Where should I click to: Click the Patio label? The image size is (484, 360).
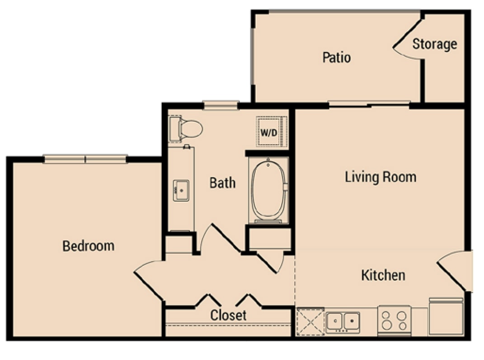[337, 57]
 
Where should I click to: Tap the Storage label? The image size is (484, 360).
[435, 44]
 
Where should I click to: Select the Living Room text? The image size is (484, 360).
[381, 177]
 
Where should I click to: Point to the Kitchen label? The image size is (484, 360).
[383, 275]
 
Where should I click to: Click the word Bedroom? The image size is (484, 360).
[88, 246]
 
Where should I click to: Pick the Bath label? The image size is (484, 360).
[222, 183]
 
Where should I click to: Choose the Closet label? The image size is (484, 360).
[228, 315]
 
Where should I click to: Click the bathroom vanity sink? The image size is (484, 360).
[181, 190]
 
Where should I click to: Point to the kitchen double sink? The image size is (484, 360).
[343, 322]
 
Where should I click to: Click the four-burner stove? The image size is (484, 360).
[394, 321]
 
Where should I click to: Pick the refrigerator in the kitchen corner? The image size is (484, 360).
[446, 317]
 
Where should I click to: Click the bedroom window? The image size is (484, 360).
[85, 159]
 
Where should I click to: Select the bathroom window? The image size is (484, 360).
[221, 105]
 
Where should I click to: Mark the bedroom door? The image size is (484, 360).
[149, 279]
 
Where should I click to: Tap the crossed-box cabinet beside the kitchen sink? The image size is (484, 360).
[310, 322]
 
